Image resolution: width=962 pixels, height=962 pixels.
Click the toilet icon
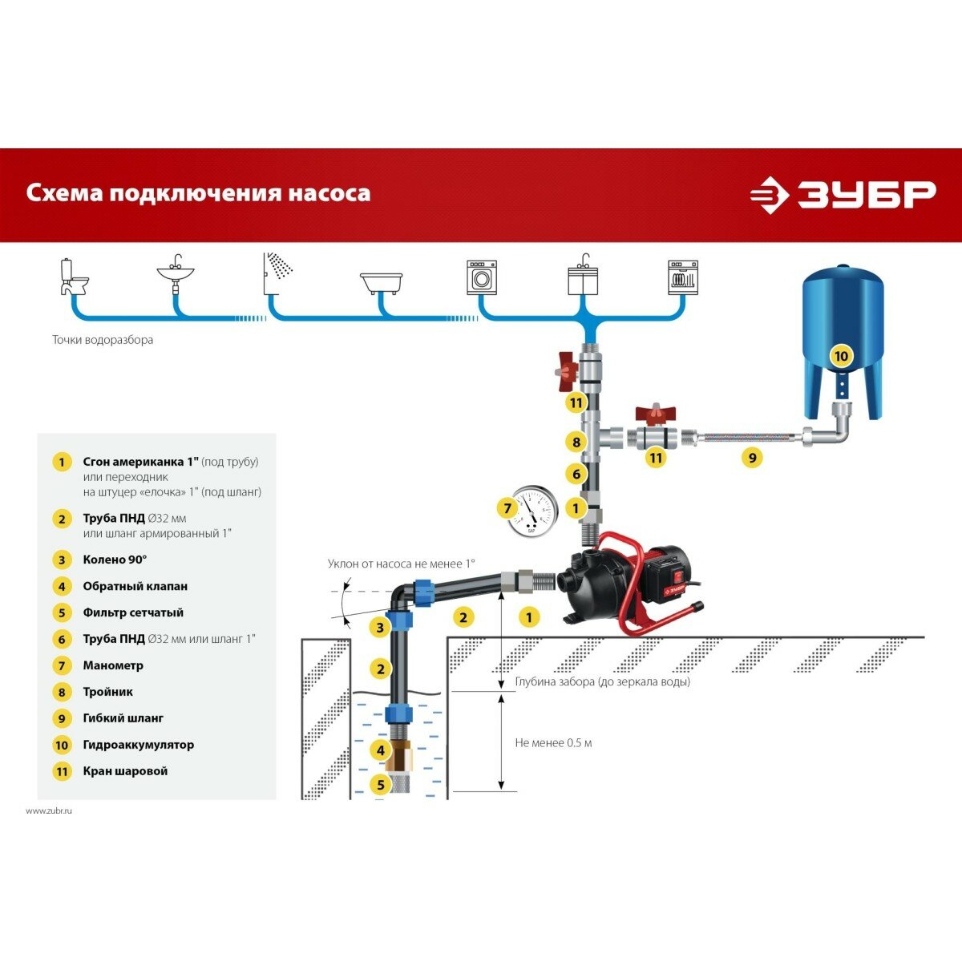point(74,277)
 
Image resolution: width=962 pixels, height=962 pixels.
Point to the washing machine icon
point(482,277)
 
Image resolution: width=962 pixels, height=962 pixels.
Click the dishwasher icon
point(683,277)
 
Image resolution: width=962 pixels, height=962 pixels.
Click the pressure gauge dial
point(532,511)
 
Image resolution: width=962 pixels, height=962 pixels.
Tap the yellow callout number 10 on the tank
point(840,356)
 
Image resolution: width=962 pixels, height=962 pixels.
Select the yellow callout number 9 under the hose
point(751,458)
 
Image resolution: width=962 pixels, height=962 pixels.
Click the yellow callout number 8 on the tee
point(576,442)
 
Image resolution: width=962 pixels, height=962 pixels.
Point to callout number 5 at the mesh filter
point(381,785)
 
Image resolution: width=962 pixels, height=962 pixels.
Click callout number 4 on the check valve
point(381,750)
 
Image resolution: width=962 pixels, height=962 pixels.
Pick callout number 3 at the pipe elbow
point(381,628)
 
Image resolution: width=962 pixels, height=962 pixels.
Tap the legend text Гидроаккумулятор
point(138,745)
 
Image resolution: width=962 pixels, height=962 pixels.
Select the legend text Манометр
point(113,665)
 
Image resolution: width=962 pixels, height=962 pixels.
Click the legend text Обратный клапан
point(135,586)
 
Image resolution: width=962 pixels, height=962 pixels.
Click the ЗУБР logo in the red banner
point(843,195)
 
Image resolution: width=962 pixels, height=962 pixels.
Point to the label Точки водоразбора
point(103,340)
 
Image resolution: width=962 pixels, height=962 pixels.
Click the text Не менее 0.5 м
point(553,743)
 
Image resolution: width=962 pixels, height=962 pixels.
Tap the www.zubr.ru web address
point(49,810)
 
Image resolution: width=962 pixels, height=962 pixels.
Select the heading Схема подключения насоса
point(198,193)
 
